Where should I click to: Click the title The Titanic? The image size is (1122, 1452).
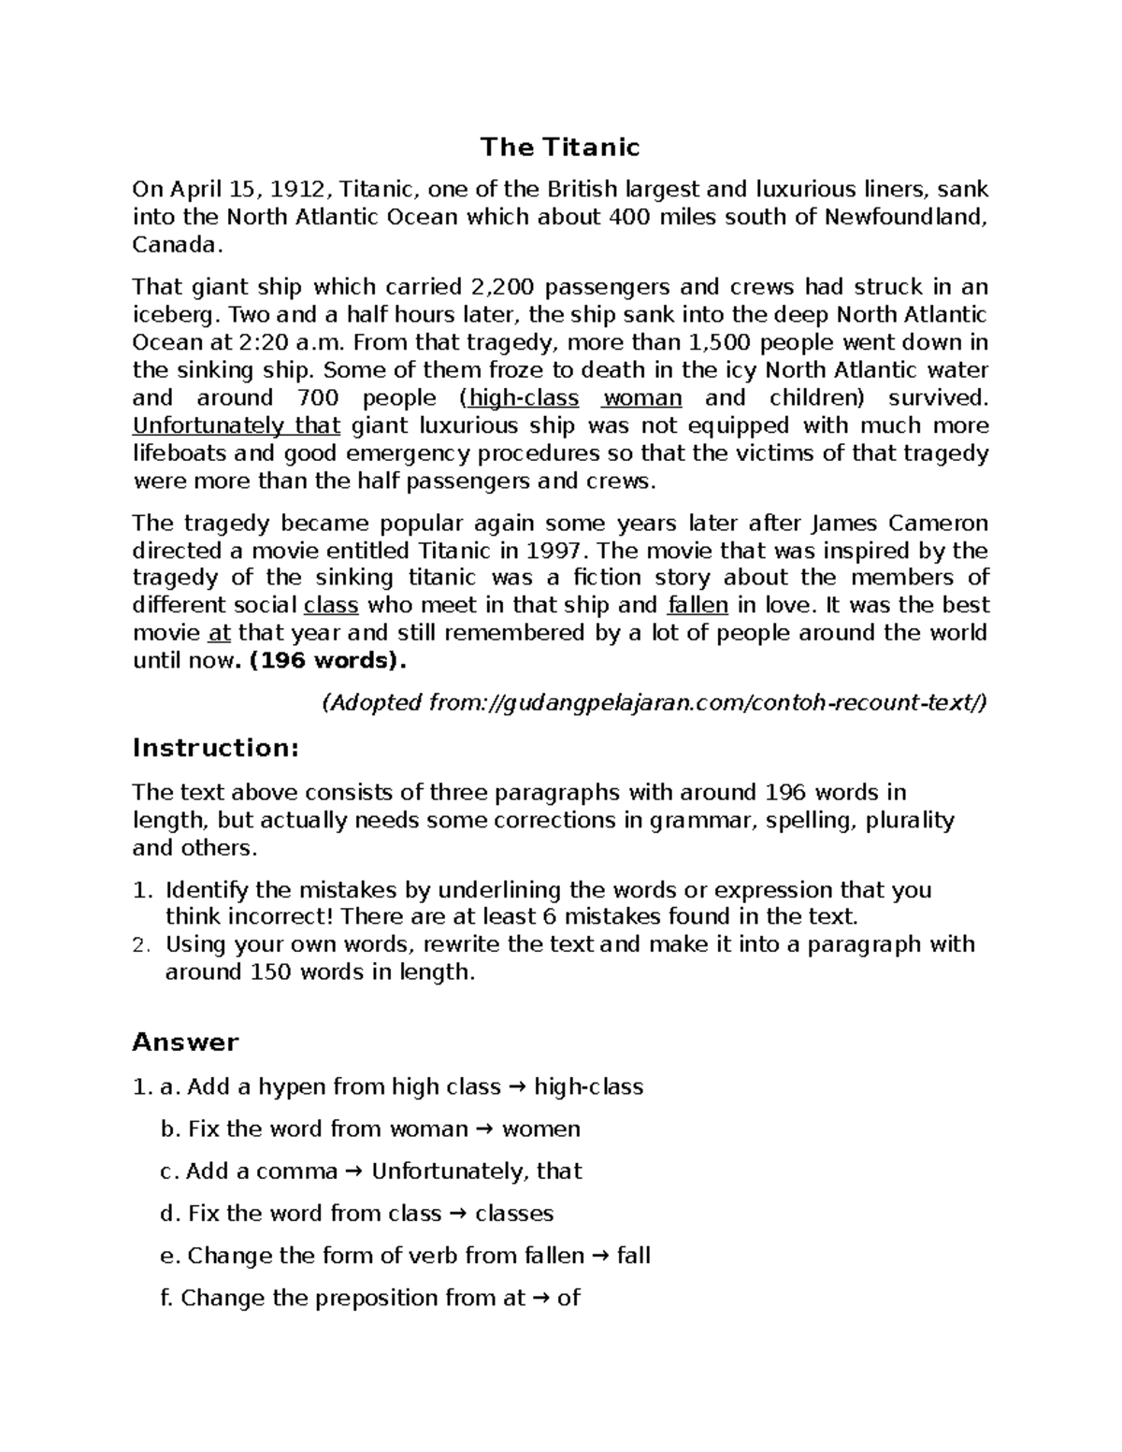559,148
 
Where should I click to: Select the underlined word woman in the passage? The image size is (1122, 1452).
641,398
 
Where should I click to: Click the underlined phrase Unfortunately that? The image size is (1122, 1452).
237,426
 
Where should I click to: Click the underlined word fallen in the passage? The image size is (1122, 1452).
698,606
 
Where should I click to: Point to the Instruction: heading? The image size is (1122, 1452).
216,748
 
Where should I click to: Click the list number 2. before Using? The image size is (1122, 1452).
141,945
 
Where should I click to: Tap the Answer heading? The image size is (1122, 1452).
185,1042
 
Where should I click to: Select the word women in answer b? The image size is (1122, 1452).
541,1129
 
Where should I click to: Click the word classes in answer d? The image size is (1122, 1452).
514,1214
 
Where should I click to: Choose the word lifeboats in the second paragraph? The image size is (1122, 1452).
180,454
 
